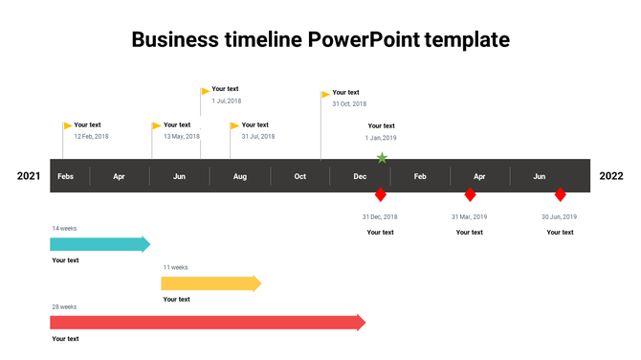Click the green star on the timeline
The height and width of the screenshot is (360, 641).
pos(382,158)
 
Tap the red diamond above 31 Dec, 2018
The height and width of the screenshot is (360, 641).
pos(380,195)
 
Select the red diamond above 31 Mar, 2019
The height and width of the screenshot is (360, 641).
pos(470,195)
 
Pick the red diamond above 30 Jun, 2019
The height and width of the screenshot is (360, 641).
pos(561,195)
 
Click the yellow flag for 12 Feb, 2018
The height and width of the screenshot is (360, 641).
pos(68,125)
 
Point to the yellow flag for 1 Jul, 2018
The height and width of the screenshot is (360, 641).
pos(206,91)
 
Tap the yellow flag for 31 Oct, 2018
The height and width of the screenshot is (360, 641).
pos(325,94)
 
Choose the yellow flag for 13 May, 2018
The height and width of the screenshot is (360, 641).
pos(157,125)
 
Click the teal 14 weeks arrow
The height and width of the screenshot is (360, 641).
pos(99,244)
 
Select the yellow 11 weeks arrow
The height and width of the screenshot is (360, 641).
pos(210,283)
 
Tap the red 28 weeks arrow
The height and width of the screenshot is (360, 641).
pos(207,323)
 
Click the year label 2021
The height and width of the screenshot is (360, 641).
pos(29,176)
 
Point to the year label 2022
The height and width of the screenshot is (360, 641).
pos(611,176)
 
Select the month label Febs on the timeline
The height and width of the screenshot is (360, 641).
pos(65,176)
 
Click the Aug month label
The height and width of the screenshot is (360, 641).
pos(240,176)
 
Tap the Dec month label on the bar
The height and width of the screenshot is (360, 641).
pos(360,176)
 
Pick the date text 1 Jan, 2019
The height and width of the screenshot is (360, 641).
pos(381,138)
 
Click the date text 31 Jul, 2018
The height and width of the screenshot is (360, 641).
pos(258,137)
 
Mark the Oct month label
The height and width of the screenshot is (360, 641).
pos(300,176)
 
